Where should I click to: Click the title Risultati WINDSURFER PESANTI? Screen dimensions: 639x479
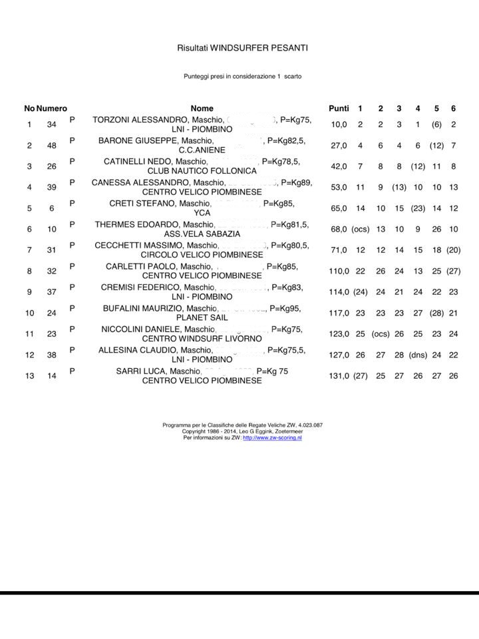(242, 48)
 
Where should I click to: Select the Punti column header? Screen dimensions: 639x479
(339, 108)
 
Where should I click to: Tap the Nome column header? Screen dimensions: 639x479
(202, 108)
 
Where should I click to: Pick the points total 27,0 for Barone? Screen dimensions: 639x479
(339, 146)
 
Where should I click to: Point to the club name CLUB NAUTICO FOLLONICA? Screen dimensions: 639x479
(202, 171)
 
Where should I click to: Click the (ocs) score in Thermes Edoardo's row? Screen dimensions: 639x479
(360, 229)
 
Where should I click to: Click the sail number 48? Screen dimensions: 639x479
(52, 146)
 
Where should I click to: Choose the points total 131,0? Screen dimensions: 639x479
(339, 376)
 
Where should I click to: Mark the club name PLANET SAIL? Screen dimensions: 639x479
(202, 318)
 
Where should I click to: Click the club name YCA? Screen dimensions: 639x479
(202, 213)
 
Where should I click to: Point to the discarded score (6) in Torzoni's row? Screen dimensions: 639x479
(436, 124)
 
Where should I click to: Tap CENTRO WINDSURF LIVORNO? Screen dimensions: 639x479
(202, 339)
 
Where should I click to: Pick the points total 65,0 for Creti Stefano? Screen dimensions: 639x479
(339, 208)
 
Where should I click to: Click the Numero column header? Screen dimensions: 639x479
(52, 108)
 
